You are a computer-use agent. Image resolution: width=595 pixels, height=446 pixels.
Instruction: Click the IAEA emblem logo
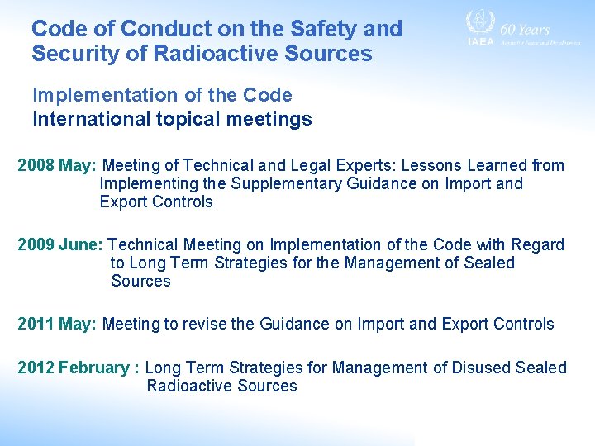(479, 25)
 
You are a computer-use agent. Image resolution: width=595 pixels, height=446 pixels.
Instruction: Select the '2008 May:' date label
(57, 165)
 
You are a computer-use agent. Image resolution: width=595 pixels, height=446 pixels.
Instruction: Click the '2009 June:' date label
(60, 244)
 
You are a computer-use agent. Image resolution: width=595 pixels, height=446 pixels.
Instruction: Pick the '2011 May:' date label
(57, 324)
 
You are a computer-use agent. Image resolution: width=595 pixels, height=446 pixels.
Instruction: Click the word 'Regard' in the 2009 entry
(538, 244)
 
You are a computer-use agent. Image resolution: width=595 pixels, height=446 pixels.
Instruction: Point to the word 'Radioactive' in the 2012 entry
(189, 386)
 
